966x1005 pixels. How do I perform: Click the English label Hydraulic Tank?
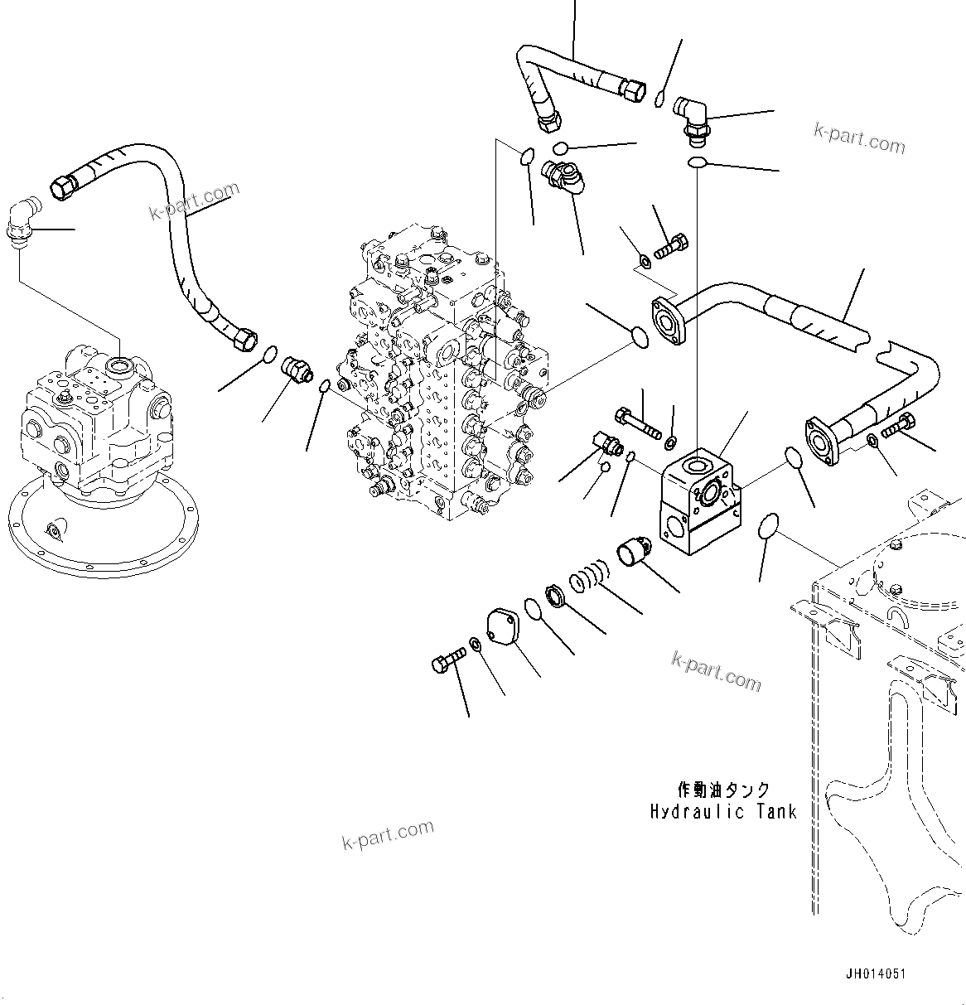tap(723, 811)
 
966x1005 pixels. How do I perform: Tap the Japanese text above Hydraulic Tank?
tap(723, 790)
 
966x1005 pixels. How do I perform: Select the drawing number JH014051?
tap(875, 975)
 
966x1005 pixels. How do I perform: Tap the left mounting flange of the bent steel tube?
tap(668, 321)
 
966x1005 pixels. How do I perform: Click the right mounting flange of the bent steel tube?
tap(824, 439)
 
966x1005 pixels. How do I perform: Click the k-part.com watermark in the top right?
tap(858, 138)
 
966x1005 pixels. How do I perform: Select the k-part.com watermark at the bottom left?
tap(388, 834)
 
